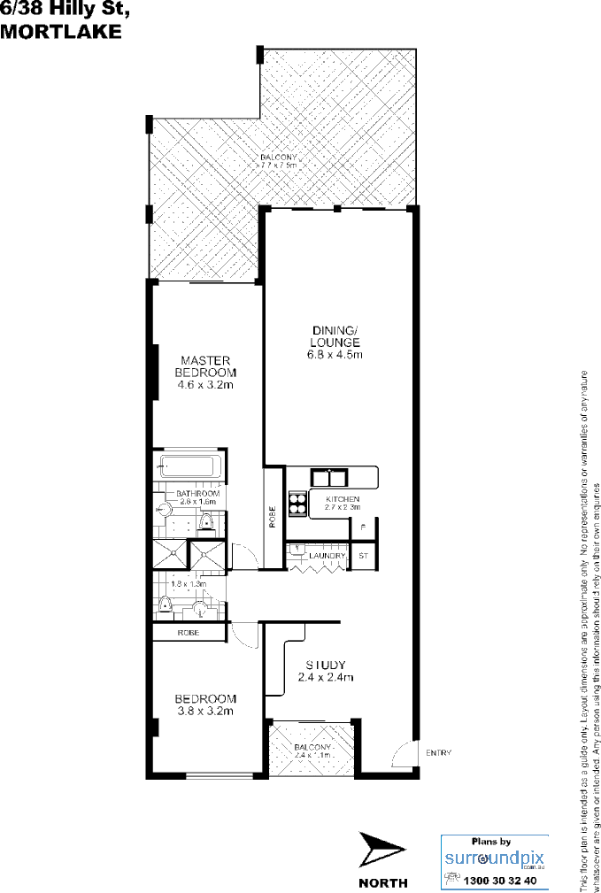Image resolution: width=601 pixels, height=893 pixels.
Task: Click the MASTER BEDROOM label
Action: click(x=204, y=366)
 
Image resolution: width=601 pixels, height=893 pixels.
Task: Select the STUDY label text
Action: click(x=325, y=665)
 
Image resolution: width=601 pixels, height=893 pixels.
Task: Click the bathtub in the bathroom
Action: click(x=189, y=466)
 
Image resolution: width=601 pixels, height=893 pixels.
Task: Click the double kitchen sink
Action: click(x=330, y=478)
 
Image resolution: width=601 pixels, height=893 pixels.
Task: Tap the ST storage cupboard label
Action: click(x=363, y=556)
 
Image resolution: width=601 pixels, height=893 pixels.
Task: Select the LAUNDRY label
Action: click(x=327, y=555)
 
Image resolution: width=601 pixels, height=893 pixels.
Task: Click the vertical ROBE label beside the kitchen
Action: click(x=273, y=516)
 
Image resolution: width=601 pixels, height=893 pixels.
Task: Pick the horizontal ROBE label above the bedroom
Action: click(x=187, y=633)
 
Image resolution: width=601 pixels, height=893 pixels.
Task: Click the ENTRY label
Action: click(x=438, y=753)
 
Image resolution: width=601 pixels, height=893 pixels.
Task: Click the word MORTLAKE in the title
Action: click(x=59, y=31)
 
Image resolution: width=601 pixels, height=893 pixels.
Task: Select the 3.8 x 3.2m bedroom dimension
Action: click(x=204, y=710)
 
